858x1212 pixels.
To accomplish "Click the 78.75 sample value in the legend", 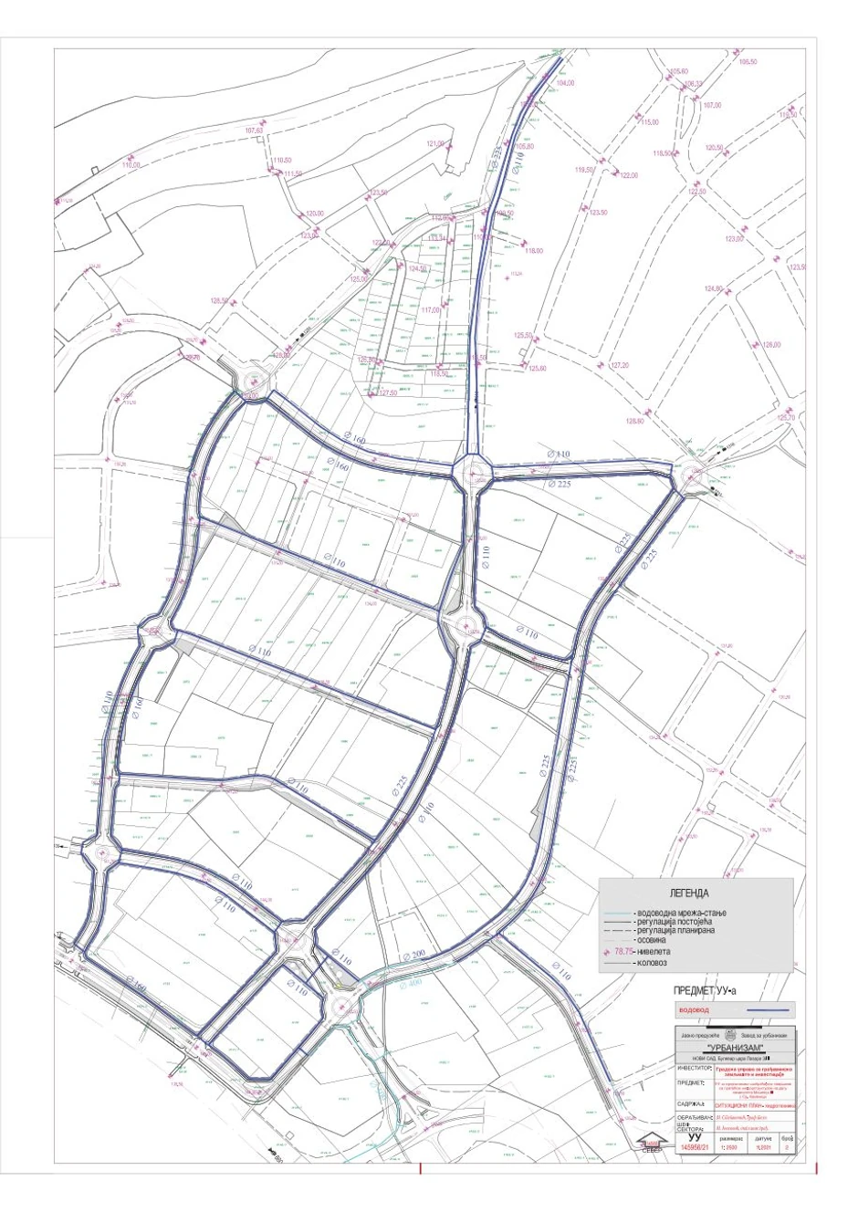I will pos(628,951).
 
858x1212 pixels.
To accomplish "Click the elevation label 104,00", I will pos(565,83).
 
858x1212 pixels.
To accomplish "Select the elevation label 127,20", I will pos(620,365).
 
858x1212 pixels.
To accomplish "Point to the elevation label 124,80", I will pos(713,288).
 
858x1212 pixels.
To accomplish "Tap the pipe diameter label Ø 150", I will pos(135,987).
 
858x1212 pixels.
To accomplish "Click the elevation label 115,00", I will pos(649,121).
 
